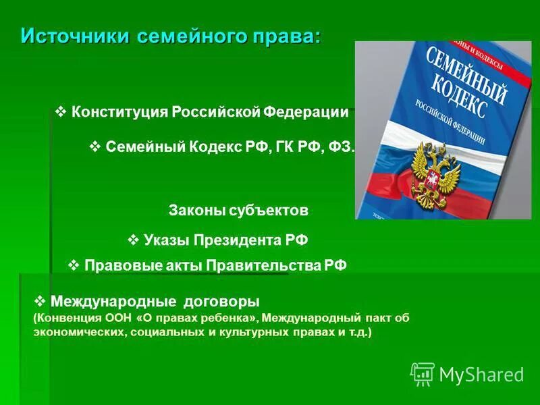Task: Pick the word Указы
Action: [x=166, y=240]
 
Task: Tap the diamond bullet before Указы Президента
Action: [x=133, y=239]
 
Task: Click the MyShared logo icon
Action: [x=422, y=374]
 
